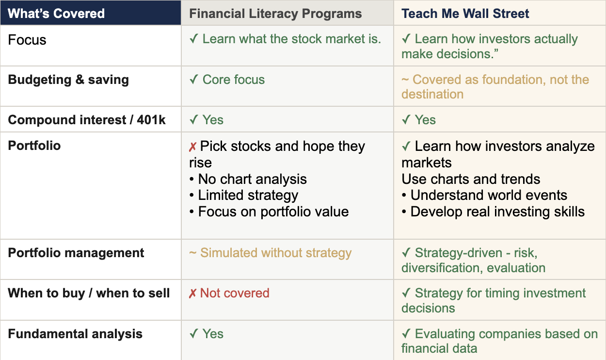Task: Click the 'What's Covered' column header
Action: point(56,14)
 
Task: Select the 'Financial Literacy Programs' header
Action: point(275,14)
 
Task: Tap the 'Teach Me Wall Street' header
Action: point(465,14)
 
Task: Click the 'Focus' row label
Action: point(27,40)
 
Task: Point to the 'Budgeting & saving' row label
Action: point(68,80)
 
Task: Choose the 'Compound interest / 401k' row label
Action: point(87,120)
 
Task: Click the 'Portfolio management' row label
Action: point(76,253)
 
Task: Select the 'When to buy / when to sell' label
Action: point(89,294)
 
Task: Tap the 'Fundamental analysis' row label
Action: point(75,334)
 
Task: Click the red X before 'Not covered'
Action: point(192,294)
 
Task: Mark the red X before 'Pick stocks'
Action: point(192,147)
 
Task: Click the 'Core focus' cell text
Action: point(234,80)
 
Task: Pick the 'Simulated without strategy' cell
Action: point(276,253)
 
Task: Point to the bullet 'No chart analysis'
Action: point(248,179)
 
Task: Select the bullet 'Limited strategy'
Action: point(244,196)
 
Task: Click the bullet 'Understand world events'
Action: point(484,196)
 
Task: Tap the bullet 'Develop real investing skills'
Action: point(493,212)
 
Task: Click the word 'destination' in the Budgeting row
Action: point(432,94)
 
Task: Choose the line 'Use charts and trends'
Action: point(471,179)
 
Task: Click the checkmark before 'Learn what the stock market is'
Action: point(194,39)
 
